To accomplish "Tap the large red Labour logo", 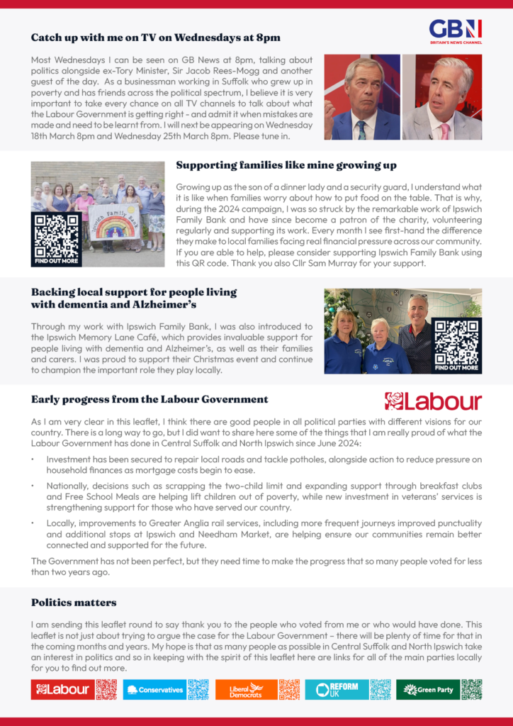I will click(x=433, y=401).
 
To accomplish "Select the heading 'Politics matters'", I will click(x=74, y=603).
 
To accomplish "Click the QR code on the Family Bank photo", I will click(x=57, y=235).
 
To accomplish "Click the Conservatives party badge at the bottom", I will click(x=155, y=689).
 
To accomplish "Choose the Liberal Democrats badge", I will click(x=245, y=689).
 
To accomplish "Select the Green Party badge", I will click(x=427, y=689).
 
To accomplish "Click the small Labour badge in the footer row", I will click(x=63, y=689).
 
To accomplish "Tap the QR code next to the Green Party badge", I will click(x=471, y=689).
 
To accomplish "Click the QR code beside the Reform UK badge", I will click(x=380, y=689).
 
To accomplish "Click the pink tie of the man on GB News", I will click(x=445, y=131).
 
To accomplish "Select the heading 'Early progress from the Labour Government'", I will click(x=150, y=399).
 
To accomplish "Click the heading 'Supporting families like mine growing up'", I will click(x=286, y=165).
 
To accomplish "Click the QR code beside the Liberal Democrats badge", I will click(x=289, y=689).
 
